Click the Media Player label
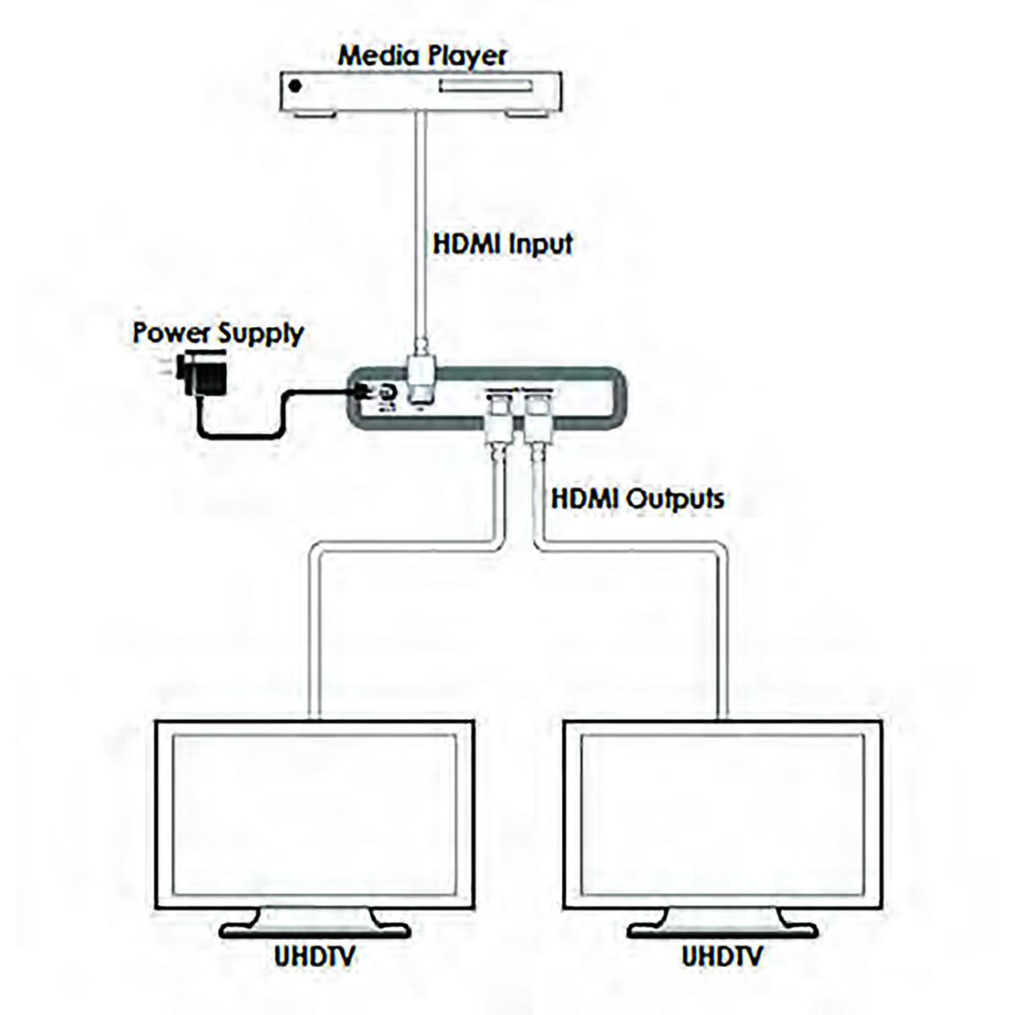422,57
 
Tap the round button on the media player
295,86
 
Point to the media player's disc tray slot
486,86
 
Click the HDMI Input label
502,244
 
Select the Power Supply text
217,332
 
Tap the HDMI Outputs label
637,497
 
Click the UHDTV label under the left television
315,957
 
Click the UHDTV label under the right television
721,957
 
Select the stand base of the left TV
315,930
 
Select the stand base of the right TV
721,930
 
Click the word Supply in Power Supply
261,333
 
